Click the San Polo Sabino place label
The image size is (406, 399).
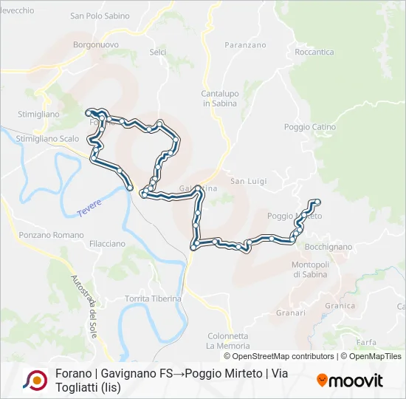(100, 16)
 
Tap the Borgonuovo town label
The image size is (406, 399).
(92, 44)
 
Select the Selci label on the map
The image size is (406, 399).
(158, 52)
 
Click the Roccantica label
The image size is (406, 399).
(314, 52)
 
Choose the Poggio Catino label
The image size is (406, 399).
(310, 127)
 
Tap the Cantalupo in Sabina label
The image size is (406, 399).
(219, 98)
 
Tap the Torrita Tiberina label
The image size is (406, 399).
(153, 299)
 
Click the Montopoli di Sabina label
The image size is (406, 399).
(314, 269)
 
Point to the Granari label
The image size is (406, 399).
(291, 313)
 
